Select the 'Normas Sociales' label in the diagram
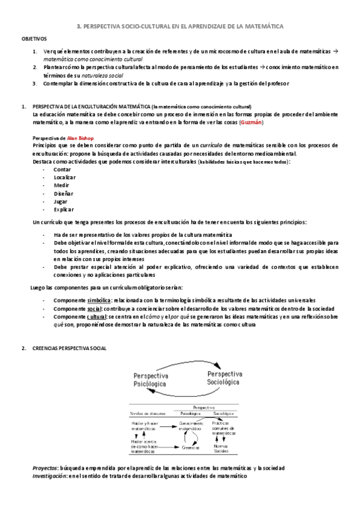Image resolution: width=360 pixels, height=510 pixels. click(x=221, y=449)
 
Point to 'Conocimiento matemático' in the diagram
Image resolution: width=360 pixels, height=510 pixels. click(x=191, y=427)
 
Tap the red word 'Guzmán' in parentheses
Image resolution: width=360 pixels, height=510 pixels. click(x=251, y=122)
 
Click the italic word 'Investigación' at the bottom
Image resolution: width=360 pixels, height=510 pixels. click(x=49, y=475)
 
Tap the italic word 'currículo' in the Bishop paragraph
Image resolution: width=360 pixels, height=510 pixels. click(x=213, y=146)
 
